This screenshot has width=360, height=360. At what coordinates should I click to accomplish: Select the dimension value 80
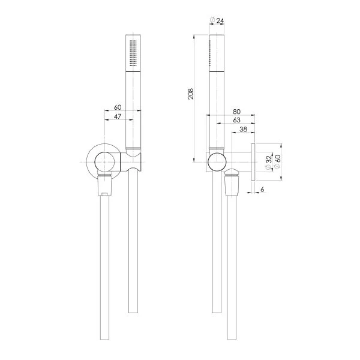237,112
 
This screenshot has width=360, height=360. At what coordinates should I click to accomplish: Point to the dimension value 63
237,120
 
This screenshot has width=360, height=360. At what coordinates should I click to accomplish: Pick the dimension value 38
244,129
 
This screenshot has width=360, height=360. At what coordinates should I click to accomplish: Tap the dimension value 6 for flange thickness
263,190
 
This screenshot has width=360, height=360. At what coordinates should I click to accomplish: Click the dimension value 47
118,116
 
